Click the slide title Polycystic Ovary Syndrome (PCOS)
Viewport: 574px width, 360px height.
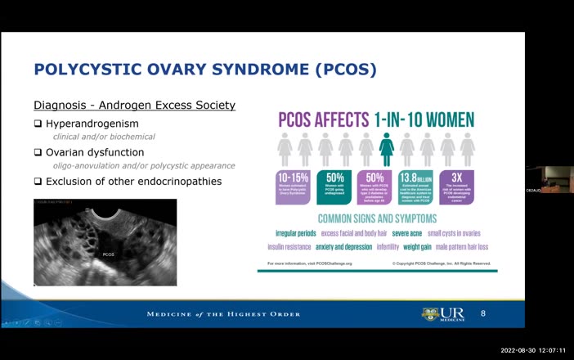click(204, 70)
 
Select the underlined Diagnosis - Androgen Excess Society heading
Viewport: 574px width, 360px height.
click(134, 106)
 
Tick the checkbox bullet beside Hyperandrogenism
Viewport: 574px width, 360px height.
click(38, 124)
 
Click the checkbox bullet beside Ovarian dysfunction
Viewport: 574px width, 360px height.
click(38, 152)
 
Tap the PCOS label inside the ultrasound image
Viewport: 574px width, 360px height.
click(108, 254)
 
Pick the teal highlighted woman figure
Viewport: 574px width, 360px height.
click(387, 150)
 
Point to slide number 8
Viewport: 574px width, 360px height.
click(482, 314)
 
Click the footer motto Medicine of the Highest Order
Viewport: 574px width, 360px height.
click(223, 314)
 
